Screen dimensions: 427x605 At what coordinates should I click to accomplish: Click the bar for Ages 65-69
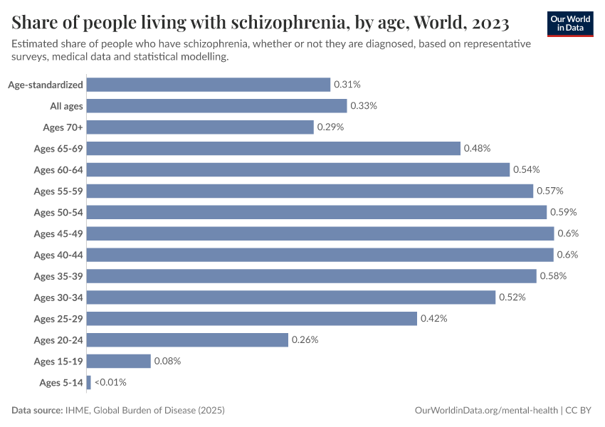[x=273, y=148]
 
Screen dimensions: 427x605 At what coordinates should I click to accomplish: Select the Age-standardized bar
[x=209, y=85]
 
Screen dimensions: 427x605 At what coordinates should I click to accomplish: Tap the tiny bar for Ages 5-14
[x=89, y=383]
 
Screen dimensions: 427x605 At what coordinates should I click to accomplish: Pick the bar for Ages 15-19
[x=119, y=362]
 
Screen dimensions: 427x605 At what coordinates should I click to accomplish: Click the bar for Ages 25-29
[x=252, y=319]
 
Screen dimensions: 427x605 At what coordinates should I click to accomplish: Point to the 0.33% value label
[x=363, y=106]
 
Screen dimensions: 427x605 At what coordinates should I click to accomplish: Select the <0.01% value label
[x=110, y=383]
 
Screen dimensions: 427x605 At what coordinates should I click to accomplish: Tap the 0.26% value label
[x=305, y=340]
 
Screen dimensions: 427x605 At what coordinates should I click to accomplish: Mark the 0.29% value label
[x=330, y=127]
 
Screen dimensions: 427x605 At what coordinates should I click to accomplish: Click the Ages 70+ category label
[x=63, y=127]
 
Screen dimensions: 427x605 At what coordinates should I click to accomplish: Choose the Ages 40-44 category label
[x=58, y=255]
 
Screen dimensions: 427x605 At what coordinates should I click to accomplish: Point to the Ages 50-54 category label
[x=58, y=212]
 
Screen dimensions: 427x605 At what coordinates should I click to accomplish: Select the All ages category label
[x=66, y=106]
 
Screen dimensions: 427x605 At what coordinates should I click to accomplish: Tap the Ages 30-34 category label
[x=58, y=297]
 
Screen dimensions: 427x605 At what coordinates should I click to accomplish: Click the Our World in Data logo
[x=570, y=23]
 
